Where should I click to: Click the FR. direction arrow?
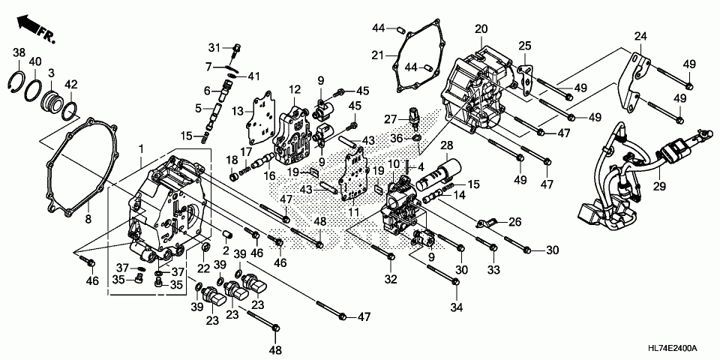click(35, 29)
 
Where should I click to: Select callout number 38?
click(19, 53)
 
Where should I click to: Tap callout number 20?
click(481, 29)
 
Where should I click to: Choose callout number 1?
click(142, 148)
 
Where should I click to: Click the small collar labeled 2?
click(226, 235)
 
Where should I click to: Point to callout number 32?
click(391, 279)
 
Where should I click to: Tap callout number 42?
click(71, 83)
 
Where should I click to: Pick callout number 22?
click(204, 268)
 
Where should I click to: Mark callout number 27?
click(390, 120)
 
